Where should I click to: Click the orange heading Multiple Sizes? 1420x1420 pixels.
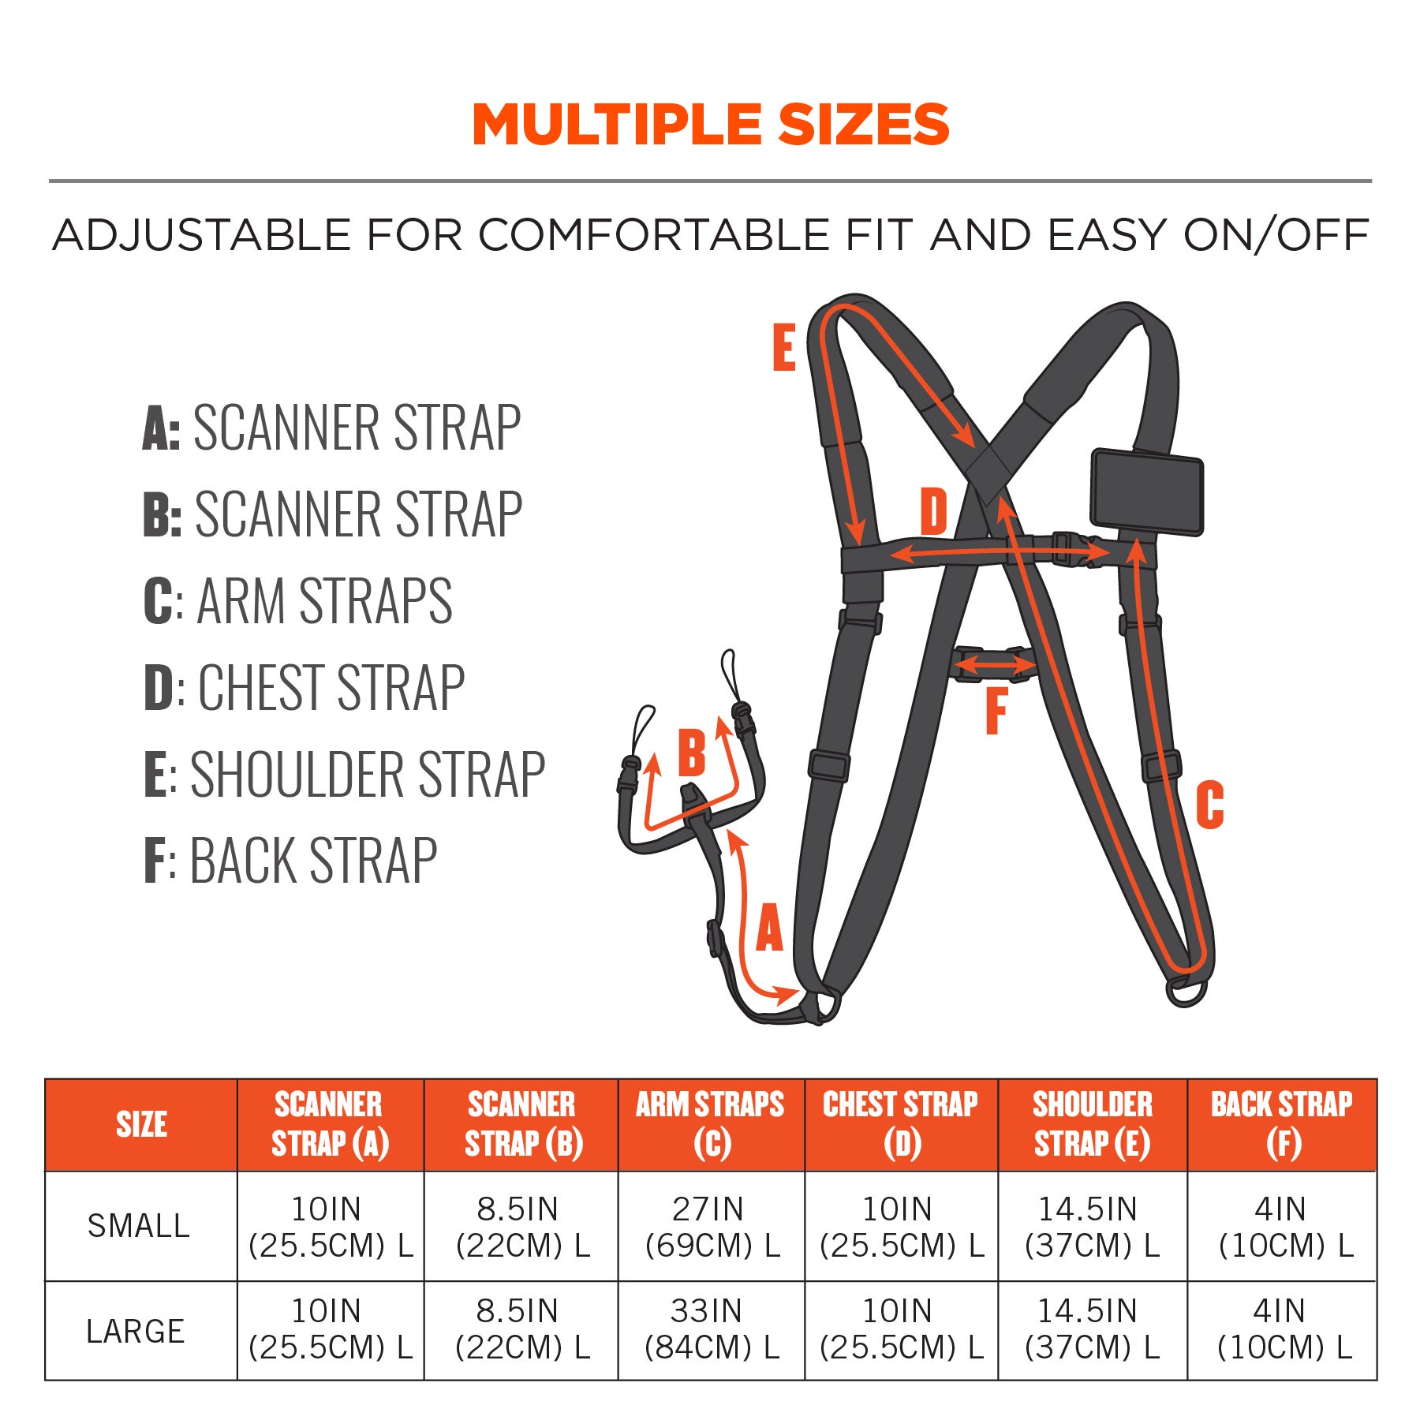tap(710, 125)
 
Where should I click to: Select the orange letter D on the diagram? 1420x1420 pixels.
tap(933, 511)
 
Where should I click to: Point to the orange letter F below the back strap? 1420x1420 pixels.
tap(996, 711)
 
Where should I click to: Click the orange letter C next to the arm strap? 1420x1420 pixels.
tap(1209, 805)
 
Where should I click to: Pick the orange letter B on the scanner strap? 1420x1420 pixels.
tap(692, 753)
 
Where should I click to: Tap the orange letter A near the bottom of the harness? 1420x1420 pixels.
tap(769, 929)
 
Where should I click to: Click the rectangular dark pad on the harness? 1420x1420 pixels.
tap(1147, 492)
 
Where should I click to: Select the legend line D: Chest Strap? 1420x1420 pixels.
tap(305, 688)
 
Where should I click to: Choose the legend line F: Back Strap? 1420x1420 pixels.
tap(290, 861)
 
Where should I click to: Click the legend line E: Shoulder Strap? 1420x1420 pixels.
tap(344, 775)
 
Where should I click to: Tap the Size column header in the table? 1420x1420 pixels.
tap(141, 1124)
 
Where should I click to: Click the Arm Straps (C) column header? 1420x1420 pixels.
tap(710, 1124)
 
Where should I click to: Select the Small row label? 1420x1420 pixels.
tap(139, 1226)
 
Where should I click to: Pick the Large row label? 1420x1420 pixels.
tap(136, 1332)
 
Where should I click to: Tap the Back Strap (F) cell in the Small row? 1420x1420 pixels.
tap(1283, 1227)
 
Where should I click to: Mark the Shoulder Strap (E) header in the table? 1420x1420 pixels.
tap(1092, 1124)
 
